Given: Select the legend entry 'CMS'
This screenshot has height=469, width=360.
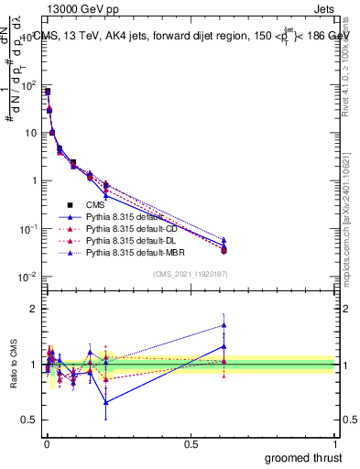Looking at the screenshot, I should pyautogui.click(x=95, y=204).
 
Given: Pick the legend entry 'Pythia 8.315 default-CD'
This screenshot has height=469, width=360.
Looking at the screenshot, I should pyautogui.click(x=134, y=228).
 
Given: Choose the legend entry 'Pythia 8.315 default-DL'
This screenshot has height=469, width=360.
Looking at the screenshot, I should pyautogui.click(x=134, y=240).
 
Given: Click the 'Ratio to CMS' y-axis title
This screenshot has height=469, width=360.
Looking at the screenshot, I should pyautogui.click(x=11, y=365).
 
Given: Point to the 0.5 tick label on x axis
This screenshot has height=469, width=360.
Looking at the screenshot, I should pyautogui.click(x=191, y=443).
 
